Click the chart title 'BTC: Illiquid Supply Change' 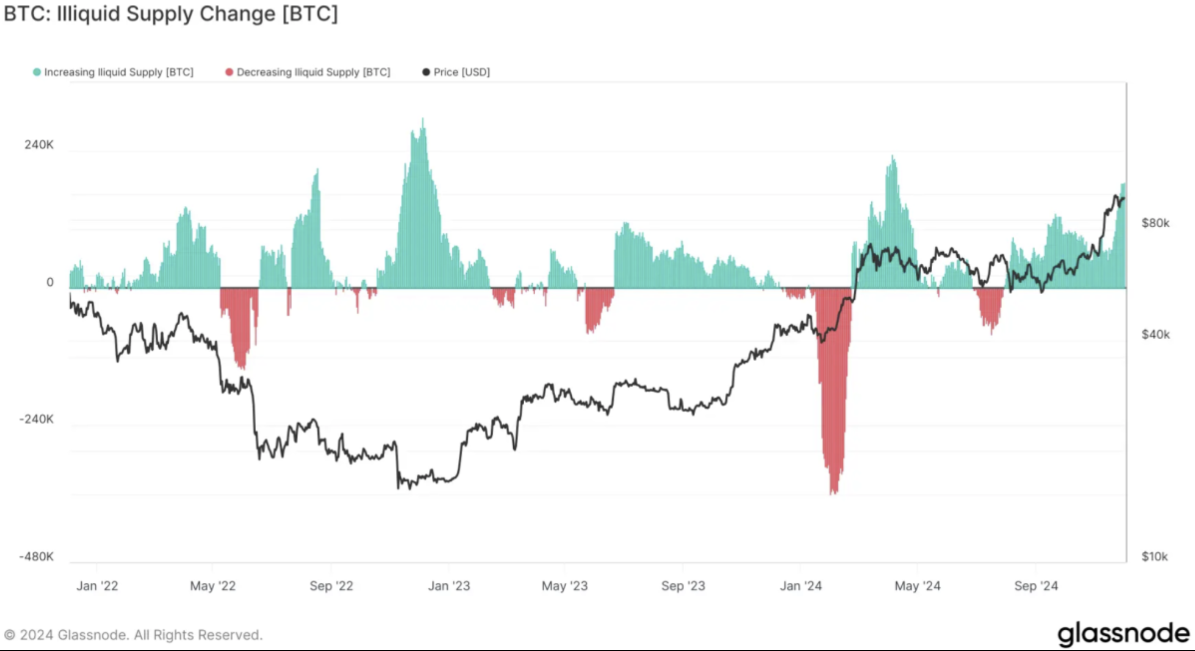tap(171, 14)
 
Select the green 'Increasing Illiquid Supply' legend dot tap(37, 72)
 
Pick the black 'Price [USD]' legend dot tap(426, 72)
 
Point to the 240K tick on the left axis tap(39, 145)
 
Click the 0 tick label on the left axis tap(50, 282)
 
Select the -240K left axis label tap(37, 419)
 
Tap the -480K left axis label tap(37, 556)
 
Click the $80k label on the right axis tap(1156, 223)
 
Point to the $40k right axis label tap(1156, 334)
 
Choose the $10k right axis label tap(1155, 556)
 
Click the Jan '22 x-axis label tap(97, 586)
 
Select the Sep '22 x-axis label tap(331, 586)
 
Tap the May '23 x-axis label tap(564, 586)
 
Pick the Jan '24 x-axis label tap(801, 586)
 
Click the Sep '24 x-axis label tap(1036, 586)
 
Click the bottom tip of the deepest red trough tap(834, 493)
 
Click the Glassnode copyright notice tap(133, 635)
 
